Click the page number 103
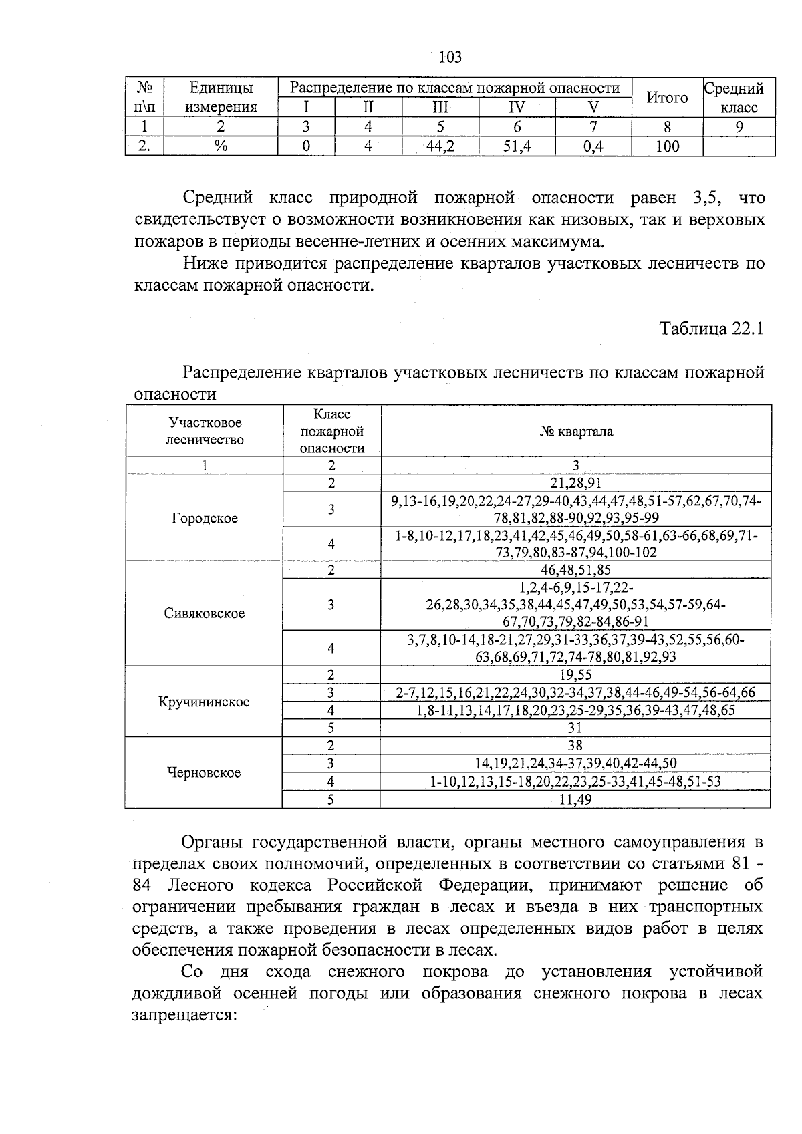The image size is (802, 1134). [x=450, y=57]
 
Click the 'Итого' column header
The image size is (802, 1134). [x=667, y=98]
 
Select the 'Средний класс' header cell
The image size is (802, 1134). [x=739, y=98]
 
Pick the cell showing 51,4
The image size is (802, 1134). [x=517, y=146]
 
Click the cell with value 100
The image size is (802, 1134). [x=667, y=146]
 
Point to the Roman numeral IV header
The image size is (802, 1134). [x=517, y=108]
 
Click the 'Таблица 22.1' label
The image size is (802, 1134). [x=711, y=329]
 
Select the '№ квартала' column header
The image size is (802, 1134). [x=576, y=432]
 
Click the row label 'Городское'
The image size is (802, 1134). [x=205, y=519]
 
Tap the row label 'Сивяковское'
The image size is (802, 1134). [x=205, y=613]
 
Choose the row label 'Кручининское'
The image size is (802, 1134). [x=204, y=702]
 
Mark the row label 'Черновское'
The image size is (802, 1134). [x=204, y=773]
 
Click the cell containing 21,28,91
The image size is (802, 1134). [x=576, y=484]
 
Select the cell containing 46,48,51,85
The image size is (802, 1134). [x=576, y=570]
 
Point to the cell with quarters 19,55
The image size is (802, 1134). [x=575, y=675]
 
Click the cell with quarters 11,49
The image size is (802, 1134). [x=575, y=799]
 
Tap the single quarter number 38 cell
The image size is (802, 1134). [x=575, y=746]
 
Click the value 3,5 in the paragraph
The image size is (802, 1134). [x=706, y=198]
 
